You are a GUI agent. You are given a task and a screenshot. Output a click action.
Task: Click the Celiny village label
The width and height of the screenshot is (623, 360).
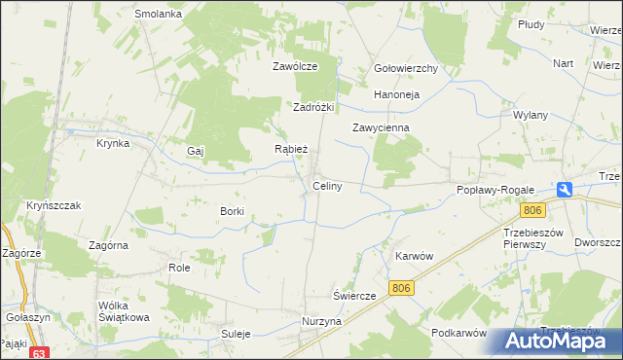[x=326, y=186]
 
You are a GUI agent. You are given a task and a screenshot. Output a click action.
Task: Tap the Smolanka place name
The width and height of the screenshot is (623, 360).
[x=159, y=15]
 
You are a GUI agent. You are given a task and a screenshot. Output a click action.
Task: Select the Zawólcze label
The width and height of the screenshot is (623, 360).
[x=295, y=67]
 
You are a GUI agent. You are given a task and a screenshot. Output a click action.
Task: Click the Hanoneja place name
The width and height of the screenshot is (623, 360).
[x=396, y=94]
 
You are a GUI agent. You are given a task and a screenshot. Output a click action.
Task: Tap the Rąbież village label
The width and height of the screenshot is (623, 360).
[x=291, y=150]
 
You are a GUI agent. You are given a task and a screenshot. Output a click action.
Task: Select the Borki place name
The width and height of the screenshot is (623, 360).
[x=232, y=211]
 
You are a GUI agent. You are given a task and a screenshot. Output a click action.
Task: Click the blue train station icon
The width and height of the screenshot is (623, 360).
[x=565, y=191]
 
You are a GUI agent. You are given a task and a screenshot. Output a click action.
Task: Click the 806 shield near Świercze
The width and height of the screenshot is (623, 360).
[x=401, y=287]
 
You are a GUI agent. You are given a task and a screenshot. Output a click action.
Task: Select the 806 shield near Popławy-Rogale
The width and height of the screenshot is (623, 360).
[x=531, y=210]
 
